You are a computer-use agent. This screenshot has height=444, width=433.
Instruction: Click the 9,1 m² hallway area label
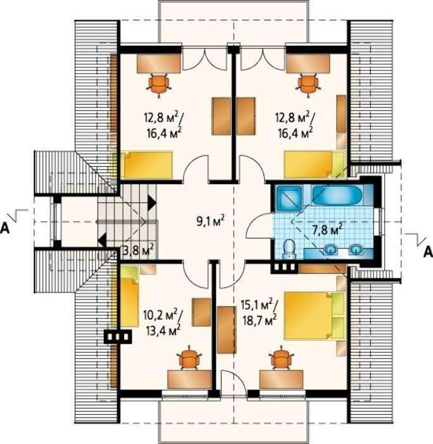coord(211,221)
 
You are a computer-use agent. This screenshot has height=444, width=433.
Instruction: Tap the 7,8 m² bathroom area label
coord(327,230)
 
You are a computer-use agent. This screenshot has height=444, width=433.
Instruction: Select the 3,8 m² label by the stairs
coord(139,251)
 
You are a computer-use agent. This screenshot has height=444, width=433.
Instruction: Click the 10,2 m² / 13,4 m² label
coord(163,323)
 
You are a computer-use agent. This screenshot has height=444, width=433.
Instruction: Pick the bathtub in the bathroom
coord(336,195)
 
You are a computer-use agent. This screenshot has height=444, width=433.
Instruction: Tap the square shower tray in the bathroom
coord(288,198)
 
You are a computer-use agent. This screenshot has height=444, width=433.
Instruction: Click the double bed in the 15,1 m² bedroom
coord(314,315)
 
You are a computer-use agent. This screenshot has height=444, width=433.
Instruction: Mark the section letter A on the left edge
coord(5,228)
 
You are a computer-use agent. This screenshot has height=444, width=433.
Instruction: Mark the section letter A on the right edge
coord(428,252)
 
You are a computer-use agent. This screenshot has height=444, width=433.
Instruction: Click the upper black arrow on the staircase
coord(151,203)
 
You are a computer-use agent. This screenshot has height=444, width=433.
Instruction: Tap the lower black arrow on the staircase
coord(102,241)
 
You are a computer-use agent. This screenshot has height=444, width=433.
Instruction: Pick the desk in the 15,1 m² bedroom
coord(281,379)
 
